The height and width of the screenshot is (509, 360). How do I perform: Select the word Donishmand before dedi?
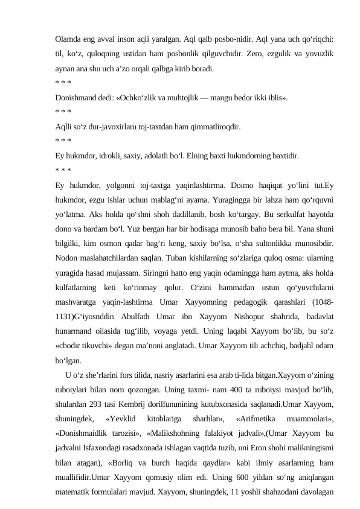[77, 97]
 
